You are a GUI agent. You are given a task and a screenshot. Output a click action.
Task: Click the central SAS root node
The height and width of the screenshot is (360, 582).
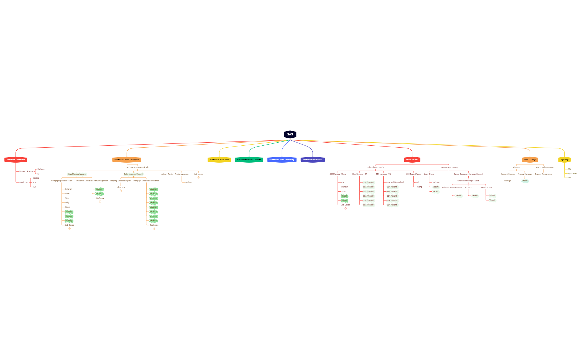290,134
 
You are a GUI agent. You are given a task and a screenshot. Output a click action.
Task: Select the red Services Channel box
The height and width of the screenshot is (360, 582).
16,160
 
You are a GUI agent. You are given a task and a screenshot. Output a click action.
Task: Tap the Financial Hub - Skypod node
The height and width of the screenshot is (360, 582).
127,160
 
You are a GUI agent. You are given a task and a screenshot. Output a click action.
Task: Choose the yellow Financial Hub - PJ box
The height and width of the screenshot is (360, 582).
219,160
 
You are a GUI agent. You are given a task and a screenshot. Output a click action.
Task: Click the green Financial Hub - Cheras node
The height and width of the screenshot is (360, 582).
249,160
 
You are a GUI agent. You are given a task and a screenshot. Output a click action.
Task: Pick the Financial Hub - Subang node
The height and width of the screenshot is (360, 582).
282,160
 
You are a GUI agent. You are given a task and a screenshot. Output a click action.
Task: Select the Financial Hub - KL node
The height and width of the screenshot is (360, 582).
312,160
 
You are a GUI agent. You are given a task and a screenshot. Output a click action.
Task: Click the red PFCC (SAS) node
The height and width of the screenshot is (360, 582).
412,160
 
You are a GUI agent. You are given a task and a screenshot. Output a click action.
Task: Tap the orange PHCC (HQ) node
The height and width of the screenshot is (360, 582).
530,160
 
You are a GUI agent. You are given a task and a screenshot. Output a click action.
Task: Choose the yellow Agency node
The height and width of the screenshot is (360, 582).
564,160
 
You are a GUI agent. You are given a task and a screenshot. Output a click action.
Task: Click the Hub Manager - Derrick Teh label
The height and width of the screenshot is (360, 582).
137,167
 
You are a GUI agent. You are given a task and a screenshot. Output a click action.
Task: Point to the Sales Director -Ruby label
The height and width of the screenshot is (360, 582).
376,167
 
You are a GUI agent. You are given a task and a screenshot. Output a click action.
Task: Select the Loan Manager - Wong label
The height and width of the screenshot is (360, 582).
448,167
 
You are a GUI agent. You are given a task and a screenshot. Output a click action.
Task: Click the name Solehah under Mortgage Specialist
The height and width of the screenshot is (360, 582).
68,189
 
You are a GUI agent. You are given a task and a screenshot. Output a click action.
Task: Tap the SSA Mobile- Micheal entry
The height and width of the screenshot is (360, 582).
395,182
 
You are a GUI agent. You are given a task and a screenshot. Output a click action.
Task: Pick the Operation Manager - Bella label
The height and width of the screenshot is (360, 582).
468,181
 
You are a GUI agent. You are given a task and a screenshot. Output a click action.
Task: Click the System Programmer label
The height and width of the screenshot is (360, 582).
543,174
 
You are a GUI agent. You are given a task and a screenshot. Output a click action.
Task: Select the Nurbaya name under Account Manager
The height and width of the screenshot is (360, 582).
507,181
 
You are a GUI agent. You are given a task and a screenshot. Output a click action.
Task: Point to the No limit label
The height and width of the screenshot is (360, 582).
188,182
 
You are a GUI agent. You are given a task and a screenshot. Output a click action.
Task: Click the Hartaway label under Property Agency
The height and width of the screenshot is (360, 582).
41,169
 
